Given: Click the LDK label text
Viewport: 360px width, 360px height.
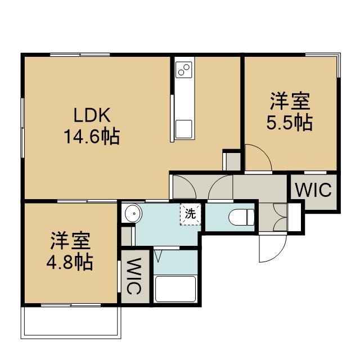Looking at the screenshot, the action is pyautogui.click(x=92, y=115).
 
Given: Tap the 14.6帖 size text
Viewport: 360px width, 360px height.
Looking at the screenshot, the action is pyautogui.click(x=92, y=136).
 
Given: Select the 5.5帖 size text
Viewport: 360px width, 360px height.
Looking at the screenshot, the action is pyautogui.click(x=290, y=123).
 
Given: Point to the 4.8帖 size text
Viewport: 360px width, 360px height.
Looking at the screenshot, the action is pyautogui.click(x=70, y=262).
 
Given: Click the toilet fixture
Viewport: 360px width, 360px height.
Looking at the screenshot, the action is pyautogui.click(x=241, y=217).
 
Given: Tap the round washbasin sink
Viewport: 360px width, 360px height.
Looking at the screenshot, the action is pyautogui.click(x=133, y=213).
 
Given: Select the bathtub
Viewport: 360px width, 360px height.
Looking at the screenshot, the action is pyautogui.click(x=175, y=289).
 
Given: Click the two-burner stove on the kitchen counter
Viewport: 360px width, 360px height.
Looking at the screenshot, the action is pyautogui.click(x=184, y=70).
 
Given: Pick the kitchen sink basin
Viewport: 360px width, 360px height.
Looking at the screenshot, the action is pyautogui.click(x=184, y=129).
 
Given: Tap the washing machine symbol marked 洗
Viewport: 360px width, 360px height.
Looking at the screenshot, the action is pyautogui.click(x=191, y=214).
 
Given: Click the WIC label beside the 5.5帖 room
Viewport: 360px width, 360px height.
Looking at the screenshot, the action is pyautogui.click(x=313, y=190).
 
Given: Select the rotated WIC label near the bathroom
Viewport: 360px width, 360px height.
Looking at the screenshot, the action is pyautogui.click(x=133, y=276).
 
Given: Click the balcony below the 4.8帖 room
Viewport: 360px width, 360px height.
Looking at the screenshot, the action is pyautogui.click(x=71, y=322).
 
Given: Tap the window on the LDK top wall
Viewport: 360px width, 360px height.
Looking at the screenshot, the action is pyautogui.click(x=80, y=55).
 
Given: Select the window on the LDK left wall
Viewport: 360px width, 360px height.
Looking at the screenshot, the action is pyautogui.click(x=22, y=128).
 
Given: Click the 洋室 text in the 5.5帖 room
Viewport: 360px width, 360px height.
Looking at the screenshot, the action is pyautogui.click(x=290, y=101).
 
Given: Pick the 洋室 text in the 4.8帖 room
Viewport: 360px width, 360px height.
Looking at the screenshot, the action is pyautogui.click(x=70, y=241).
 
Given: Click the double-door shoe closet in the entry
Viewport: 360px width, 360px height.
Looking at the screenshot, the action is pyautogui.click(x=280, y=217).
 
